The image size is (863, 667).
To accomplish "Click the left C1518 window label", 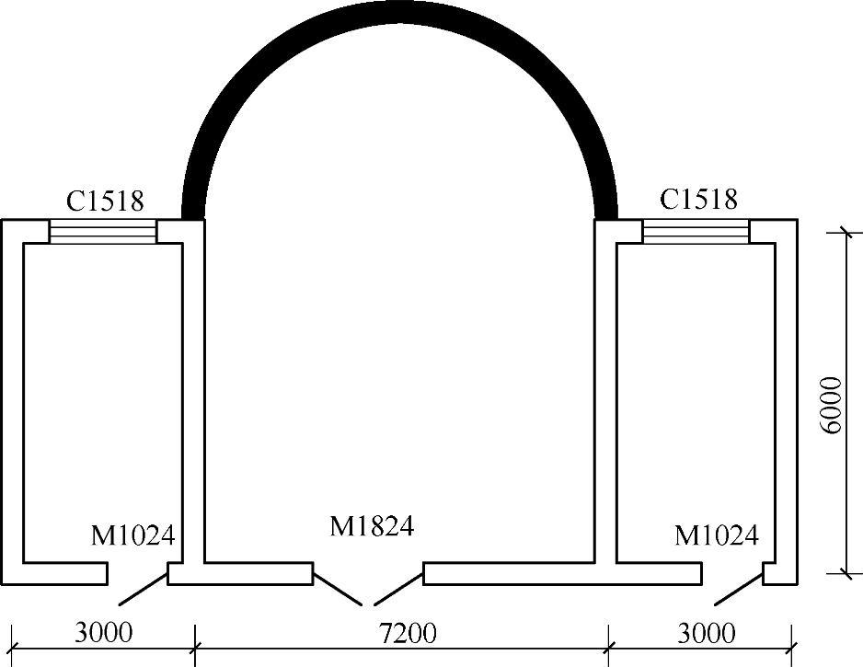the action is [x=105, y=201].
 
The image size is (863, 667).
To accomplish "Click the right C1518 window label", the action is [x=698, y=200].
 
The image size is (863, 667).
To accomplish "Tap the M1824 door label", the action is [x=372, y=526].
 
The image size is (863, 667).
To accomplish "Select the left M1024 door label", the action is [x=132, y=535].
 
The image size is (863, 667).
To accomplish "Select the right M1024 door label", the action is [x=717, y=535].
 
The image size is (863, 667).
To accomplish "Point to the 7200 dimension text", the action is [x=408, y=634].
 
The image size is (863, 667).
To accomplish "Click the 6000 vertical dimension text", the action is [x=831, y=406].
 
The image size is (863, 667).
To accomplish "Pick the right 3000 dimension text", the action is [x=707, y=634].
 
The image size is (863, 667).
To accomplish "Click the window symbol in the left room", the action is [x=103, y=232].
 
